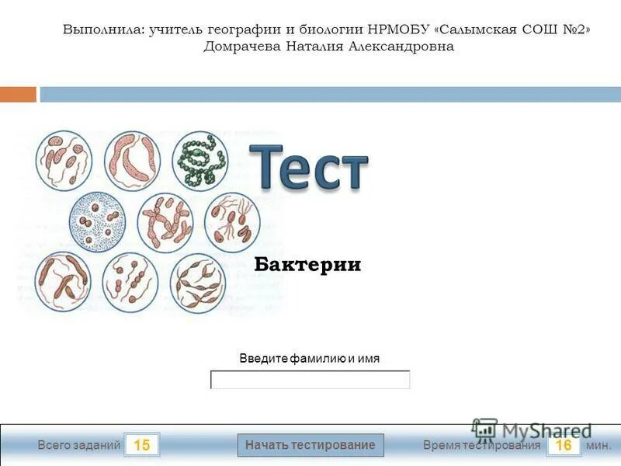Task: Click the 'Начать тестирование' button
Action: [x=310, y=445]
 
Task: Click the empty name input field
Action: [x=310, y=380]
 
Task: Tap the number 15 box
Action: [x=141, y=445]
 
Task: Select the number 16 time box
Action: [x=564, y=445]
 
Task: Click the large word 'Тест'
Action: [x=309, y=166]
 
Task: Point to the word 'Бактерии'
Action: [x=308, y=265]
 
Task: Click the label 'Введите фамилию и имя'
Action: [x=309, y=359]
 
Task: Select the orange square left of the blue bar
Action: [x=18, y=94]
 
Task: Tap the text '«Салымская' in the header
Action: [x=475, y=30]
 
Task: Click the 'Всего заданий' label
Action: [x=79, y=445]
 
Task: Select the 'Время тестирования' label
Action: [x=481, y=445]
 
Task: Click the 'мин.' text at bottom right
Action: [x=598, y=445]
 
